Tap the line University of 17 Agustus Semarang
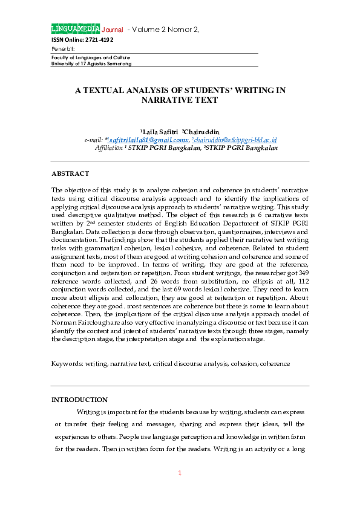[x=91, y=63]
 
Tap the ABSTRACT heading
[x=70, y=174]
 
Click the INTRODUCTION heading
[x=79, y=400]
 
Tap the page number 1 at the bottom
[x=180, y=472]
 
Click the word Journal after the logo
[x=113, y=30]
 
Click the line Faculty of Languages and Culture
[x=91, y=57]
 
